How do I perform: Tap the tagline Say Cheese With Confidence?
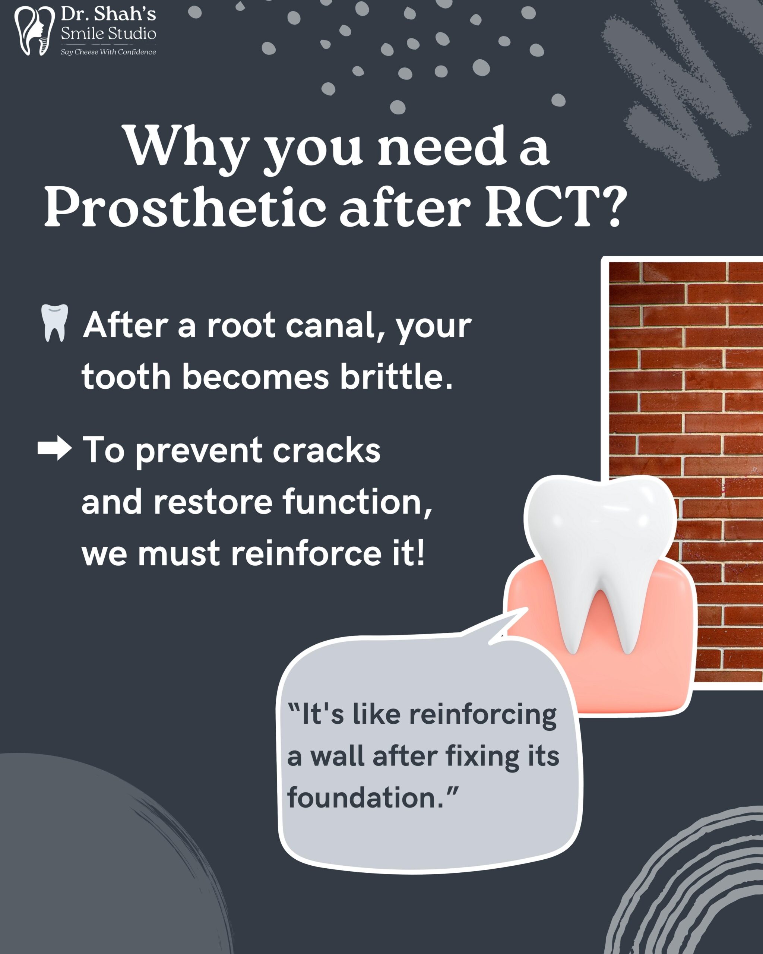[x=108, y=52]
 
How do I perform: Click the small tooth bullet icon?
[x=54, y=323]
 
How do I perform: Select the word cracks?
[x=326, y=451]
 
